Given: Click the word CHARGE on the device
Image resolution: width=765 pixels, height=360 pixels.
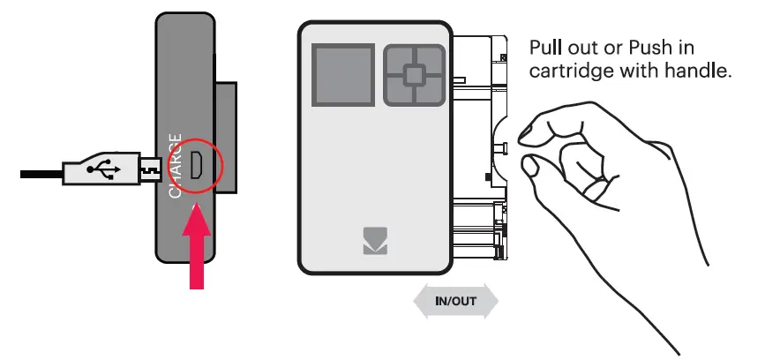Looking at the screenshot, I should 176,166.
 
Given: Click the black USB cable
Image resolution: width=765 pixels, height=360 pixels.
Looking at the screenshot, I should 40,173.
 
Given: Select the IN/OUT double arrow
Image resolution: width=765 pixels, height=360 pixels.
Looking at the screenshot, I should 455,301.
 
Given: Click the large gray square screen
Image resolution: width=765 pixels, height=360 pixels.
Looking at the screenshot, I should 343,75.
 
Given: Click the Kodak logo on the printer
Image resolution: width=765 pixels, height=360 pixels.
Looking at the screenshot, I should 374,242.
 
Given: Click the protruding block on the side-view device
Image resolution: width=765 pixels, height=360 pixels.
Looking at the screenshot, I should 225,138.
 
